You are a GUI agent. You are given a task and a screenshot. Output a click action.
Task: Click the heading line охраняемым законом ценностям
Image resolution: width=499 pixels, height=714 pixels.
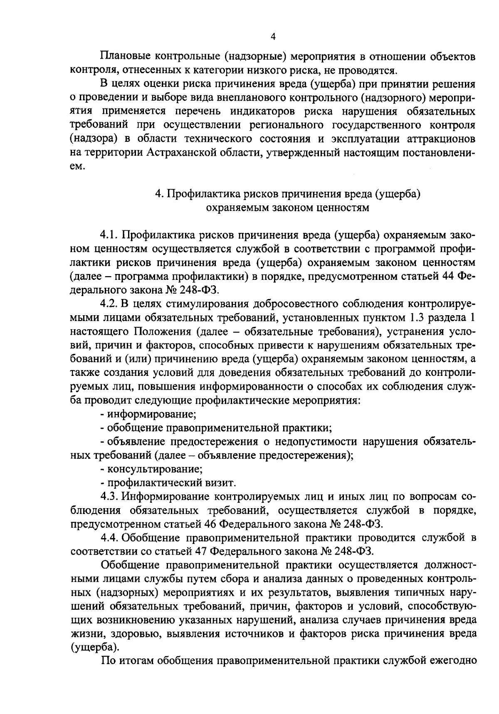tap(288, 208)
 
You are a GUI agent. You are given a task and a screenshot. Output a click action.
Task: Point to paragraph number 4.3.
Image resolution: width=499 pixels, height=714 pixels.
tap(110, 497)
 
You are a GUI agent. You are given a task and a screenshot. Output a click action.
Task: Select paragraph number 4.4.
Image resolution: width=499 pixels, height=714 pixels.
tap(110, 538)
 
